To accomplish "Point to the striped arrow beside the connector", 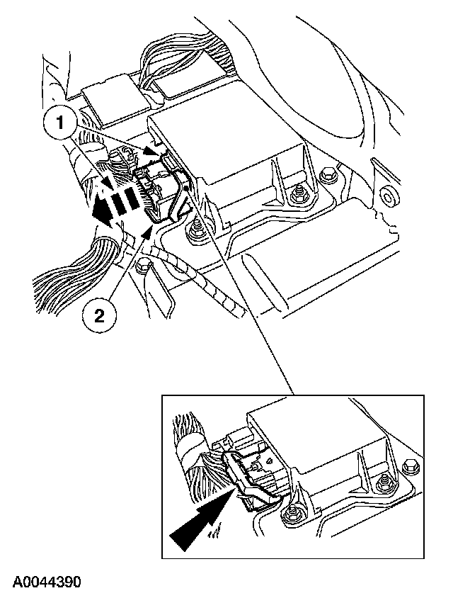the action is click(x=117, y=203).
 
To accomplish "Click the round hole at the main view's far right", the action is click(x=386, y=193).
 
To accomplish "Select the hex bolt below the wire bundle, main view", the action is click(x=144, y=267).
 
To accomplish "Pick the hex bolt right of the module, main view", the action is click(x=328, y=174).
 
